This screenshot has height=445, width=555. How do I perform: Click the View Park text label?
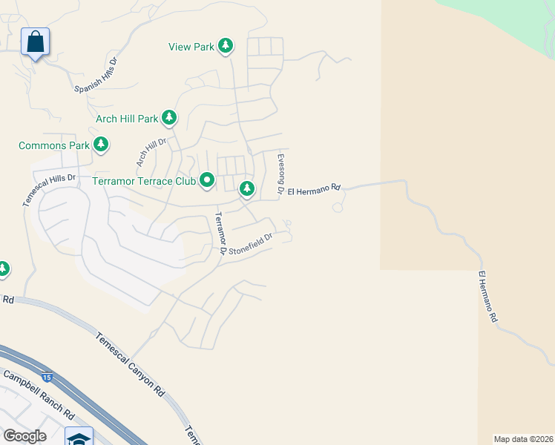pyautogui.click(x=191, y=47)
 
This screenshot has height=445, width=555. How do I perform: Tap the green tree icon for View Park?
pyautogui.click(x=226, y=47)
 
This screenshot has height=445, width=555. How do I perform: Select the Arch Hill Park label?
pyautogui.click(x=127, y=118)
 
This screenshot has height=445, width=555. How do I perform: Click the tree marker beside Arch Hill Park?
pyautogui.click(x=169, y=118)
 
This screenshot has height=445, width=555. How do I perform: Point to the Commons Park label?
pyautogui.click(x=53, y=145)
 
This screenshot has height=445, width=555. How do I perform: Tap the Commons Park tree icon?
pyautogui.click(x=101, y=145)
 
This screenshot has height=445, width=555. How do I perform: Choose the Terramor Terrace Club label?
pyautogui.click(x=143, y=181)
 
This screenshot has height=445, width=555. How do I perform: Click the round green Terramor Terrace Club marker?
pyautogui.click(x=207, y=180)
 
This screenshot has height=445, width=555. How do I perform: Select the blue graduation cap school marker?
pyautogui.click(x=79, y=438)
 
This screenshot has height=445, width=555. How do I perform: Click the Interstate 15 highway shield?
pyautogui.click(x=47, y=378)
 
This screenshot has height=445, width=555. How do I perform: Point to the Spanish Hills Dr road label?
pyautogui.click(x=96, y=76)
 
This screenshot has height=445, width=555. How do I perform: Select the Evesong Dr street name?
pyautogui.click(x=281, y=174)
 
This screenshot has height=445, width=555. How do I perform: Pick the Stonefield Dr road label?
pyautogui.click(x=251, y=244)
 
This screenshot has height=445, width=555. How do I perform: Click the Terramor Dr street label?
pyautogui.click(x=220, y=234)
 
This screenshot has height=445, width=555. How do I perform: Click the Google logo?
pyautogui.click(x=24, y=436)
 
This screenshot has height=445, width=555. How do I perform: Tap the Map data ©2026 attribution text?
pyautogui.click(x=522, y=439)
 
